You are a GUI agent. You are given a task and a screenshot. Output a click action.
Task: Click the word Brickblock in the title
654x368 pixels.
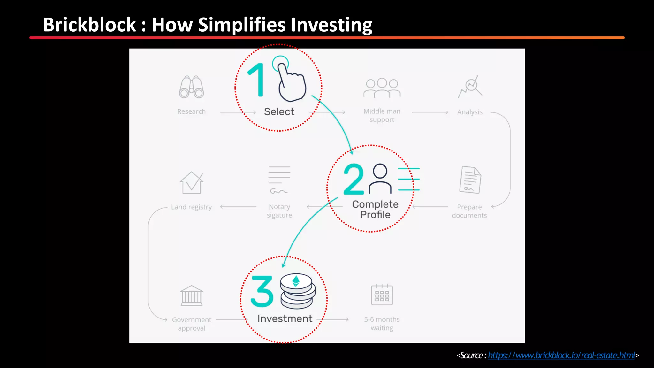point(89,25)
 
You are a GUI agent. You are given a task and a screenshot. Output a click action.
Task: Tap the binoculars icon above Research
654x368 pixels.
point(191,87)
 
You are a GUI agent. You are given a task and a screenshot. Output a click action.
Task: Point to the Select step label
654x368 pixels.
point(279,112)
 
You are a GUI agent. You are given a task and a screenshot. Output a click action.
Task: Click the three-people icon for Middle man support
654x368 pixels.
point(382,88)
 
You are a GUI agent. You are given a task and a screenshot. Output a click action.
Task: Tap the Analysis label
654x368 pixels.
point(469,112)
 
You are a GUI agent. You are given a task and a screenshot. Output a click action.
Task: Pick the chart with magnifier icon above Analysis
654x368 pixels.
point(470,87)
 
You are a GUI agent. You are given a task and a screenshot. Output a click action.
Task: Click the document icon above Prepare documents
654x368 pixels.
point(470,180)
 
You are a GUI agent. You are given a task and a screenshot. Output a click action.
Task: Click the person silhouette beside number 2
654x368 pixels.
point(380,179)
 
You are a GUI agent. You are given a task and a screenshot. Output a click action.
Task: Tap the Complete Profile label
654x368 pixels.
point(375,209)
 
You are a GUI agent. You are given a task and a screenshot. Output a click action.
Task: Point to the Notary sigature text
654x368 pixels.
point(279,211)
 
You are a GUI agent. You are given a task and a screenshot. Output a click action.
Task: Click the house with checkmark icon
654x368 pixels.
point(192,183)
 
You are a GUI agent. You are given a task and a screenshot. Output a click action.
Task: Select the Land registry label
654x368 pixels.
point(191,207)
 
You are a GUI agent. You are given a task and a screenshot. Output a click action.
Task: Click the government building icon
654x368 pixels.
point(192,295)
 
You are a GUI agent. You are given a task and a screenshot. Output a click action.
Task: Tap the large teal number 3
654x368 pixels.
point(262,291)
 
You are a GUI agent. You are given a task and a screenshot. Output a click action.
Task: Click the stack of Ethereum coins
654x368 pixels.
point(297,291)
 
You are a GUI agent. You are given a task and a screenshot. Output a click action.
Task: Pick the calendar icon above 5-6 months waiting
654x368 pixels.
point(382,295)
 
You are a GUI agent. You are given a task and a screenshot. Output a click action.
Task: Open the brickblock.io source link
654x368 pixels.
point(561,356)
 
